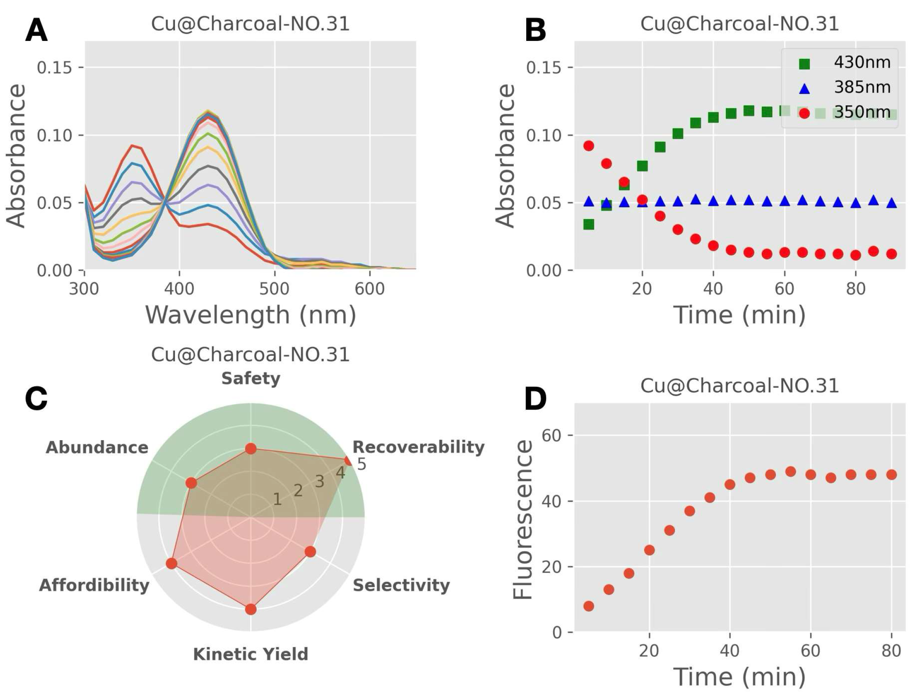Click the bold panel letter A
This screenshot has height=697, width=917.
[36, 31]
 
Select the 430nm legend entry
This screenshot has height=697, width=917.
[862, 63]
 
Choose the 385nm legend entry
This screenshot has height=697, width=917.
[862, 87]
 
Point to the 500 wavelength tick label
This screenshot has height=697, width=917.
[274, 289]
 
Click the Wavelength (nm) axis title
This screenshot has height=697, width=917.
[251, 315]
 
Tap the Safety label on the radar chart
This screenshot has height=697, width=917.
[251, 378]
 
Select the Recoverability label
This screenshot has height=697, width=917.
[418, 447]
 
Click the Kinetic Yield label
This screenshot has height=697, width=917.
[251, 654]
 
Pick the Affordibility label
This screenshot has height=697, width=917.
[94, 586]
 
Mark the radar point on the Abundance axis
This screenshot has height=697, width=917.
[191, 483]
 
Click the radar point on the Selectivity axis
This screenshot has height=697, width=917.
[310, 552]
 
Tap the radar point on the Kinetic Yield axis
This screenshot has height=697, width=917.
[251, 609]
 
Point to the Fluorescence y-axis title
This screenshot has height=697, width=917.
[523, 519]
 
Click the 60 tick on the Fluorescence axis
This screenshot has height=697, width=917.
[552, 435]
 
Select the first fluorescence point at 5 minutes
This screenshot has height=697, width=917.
[588, 606]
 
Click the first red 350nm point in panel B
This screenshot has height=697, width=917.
[588, 146]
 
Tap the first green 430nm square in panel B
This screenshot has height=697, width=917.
[588, 225]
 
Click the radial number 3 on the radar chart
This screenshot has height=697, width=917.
[319, 482]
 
